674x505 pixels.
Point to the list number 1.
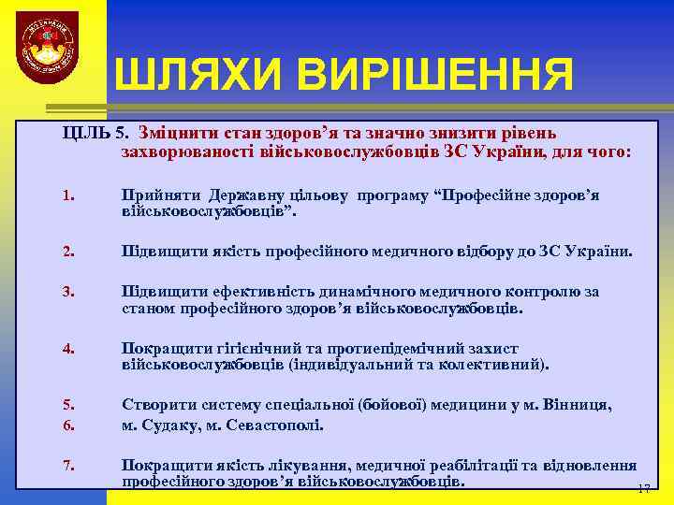coord(67,196)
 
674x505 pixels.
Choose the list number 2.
coord(67,252)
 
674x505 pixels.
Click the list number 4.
coord(67,349)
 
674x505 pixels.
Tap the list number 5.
coord(67,405)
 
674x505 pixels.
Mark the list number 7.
coord(67,465)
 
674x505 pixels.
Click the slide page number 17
coord(643,489)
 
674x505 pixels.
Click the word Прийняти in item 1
coord(158,195)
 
